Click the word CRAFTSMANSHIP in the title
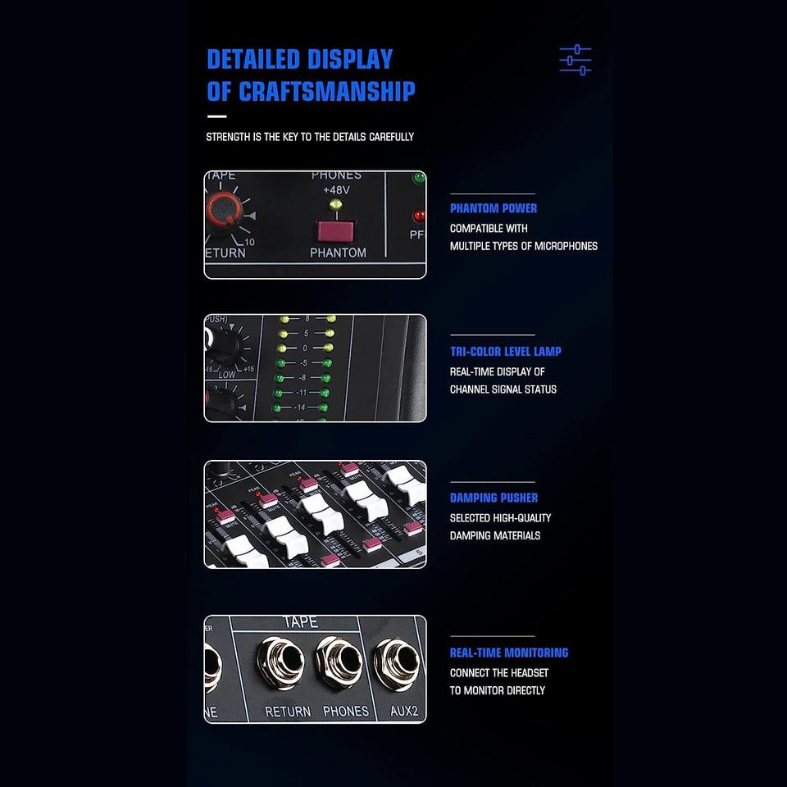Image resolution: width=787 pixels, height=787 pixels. [x=326, y=91]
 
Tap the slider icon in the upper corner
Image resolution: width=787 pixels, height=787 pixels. [x=575, y=60]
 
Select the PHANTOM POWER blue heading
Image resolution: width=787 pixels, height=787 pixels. [x=494, y=208]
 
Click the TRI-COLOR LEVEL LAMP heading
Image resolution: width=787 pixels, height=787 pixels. [x=505, y=352]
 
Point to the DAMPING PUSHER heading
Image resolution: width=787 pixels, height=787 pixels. [x=494, y=498]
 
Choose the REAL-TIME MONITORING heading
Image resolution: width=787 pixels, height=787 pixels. [x=508, y=653]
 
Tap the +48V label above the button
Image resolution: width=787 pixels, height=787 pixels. [x=335, y=190]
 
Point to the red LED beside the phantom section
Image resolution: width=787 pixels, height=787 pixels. [x=419, y=216]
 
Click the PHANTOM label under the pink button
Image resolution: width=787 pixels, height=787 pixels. [x=338, y=253]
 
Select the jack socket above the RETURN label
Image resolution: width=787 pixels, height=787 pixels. [x=279, y=662]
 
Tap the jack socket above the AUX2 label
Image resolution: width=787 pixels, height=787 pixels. [x=396, y=662]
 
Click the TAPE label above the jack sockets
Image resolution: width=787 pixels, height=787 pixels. [x=300, y=623]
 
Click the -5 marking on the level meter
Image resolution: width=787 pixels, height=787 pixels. [x=303, y=362]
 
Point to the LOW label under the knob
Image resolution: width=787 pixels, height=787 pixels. [x=227, y=374]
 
